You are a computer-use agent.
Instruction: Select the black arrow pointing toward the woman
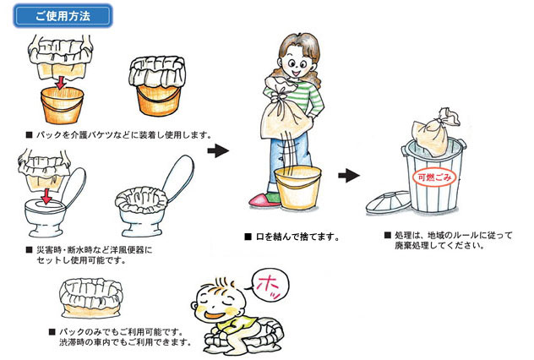pyautogui.click(x=218, y=151)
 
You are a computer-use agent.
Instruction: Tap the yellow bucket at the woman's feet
pyautogui.click(x=298, y=191)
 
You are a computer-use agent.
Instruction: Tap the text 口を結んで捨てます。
pyautogui.click(x=297, y=237)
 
